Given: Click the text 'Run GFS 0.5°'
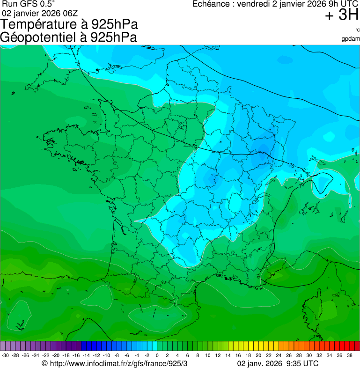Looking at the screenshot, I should tap(28, 4).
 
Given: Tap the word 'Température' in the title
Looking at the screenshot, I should tap(40, 24).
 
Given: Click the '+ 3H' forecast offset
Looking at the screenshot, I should tap(341, 15).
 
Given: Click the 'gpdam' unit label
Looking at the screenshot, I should tap(350, 39).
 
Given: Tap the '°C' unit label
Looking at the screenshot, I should tap(356, 30).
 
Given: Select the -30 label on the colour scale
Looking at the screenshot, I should tap(5, 355).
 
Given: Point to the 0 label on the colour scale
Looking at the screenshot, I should tap(156, 355).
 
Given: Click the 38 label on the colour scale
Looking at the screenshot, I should tap(350, 355).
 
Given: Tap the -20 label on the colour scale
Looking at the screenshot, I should tap(56, 355).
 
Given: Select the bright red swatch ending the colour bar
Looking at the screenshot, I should tap(356, 346).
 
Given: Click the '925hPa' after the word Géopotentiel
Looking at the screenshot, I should tap(114, 37).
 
